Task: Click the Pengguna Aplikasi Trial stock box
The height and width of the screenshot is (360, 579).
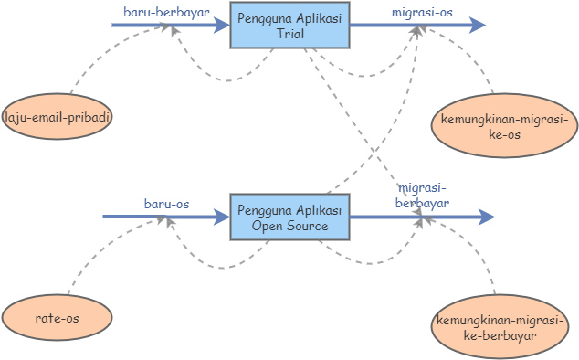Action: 289,26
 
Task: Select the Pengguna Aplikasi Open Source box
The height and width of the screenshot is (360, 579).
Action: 289,217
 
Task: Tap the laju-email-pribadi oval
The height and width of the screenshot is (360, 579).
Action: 58,118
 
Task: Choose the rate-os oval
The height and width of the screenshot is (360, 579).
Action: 58,318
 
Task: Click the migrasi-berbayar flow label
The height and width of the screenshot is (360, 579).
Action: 421,196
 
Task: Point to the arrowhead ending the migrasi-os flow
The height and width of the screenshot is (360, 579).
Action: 477,26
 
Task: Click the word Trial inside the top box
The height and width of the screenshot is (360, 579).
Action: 289,34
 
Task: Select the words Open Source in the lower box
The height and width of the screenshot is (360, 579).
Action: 289,226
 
